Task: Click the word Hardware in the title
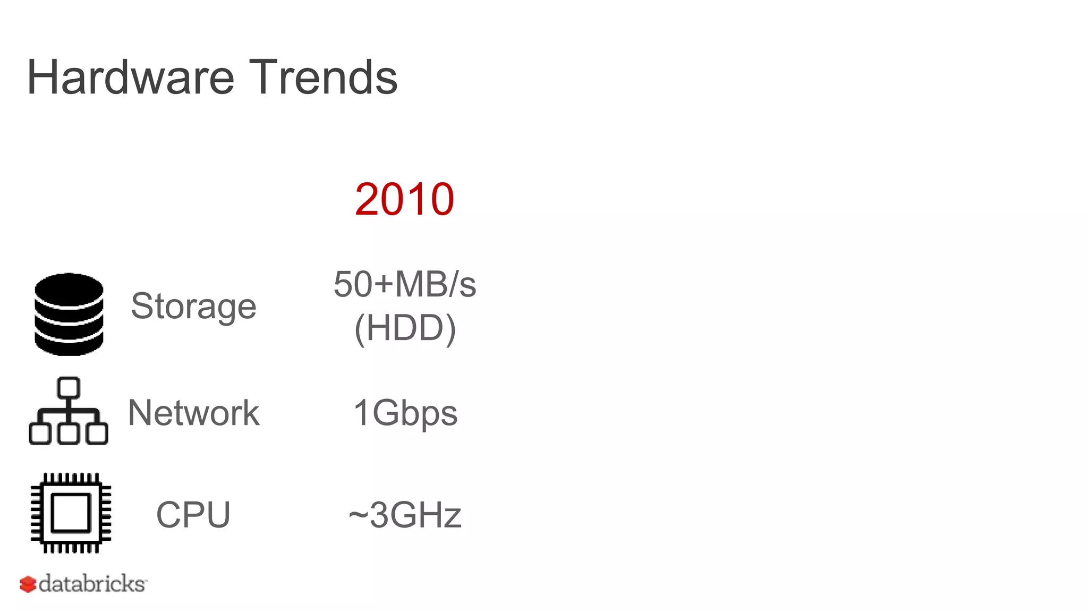[x=130, y=78]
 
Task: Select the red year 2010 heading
[x=404, y=199]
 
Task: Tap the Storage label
[x=193, y=307]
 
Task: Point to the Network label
[x=193, y=413]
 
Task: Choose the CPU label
[x=193, y=515]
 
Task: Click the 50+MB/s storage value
[x=404, y=284]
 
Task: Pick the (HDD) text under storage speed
[x=405, y=328]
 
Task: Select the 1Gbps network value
[x=405, y=413]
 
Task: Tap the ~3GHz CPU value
[x=405, y=515]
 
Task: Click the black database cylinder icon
[x=69, y=314]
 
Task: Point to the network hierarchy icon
[x=69, y=411]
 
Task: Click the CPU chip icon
[x=71, y=513]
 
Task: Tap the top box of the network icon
[x=69, y=388]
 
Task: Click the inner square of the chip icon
[x=71, y=513]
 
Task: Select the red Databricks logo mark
[x=28, y=584]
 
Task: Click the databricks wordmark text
[x=92, y=584]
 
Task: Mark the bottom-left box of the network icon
[x=40, y=433]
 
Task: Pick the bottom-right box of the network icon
[x=97, y=433]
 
